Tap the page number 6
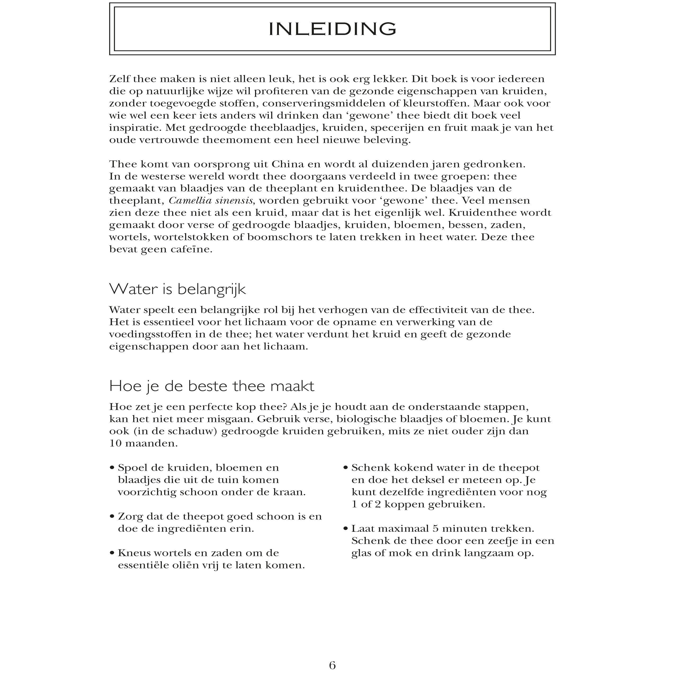(x=332, y=665)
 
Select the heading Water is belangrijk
(x=177, y=289)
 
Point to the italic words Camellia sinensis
(x=211, y=200)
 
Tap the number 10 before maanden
(x=115, y=443)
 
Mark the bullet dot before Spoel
(x=112, y=468)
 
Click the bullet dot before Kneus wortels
(x=112, y=553)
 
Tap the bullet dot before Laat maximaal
(x=345, y=529)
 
